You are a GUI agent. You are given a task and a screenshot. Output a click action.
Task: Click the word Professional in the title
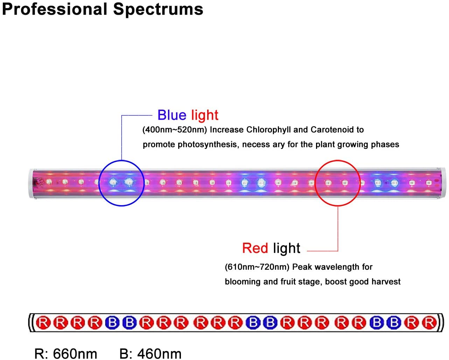point(55,9)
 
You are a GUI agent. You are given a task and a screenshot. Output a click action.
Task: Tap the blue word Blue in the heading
point(172,115)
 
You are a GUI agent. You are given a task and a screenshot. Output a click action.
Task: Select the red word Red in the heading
point(255,248)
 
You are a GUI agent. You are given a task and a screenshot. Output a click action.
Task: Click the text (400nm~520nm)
point(174,130)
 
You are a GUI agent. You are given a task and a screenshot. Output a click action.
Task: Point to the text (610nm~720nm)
point(257,267)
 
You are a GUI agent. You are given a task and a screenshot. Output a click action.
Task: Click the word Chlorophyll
point(268,130)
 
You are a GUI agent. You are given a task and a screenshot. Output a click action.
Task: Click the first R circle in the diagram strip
point(43,323)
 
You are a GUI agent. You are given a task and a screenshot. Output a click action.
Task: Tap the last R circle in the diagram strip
point(429,323)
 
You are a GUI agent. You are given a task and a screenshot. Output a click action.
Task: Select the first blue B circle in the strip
point(112,323)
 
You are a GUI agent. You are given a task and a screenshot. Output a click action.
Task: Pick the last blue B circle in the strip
point(394,323)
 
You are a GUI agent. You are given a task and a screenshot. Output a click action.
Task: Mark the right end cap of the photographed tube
point(443,183)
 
